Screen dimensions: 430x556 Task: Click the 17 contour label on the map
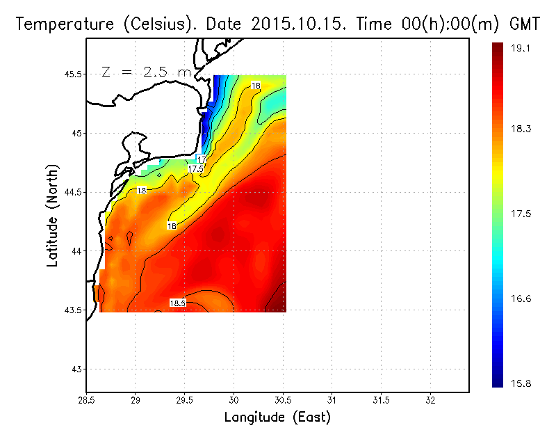tap(202, 160)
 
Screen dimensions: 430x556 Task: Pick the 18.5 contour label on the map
tap(177, 303)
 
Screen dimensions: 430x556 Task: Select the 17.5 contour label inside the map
tap(195, 169)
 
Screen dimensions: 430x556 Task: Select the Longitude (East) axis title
tap(277, 417)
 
